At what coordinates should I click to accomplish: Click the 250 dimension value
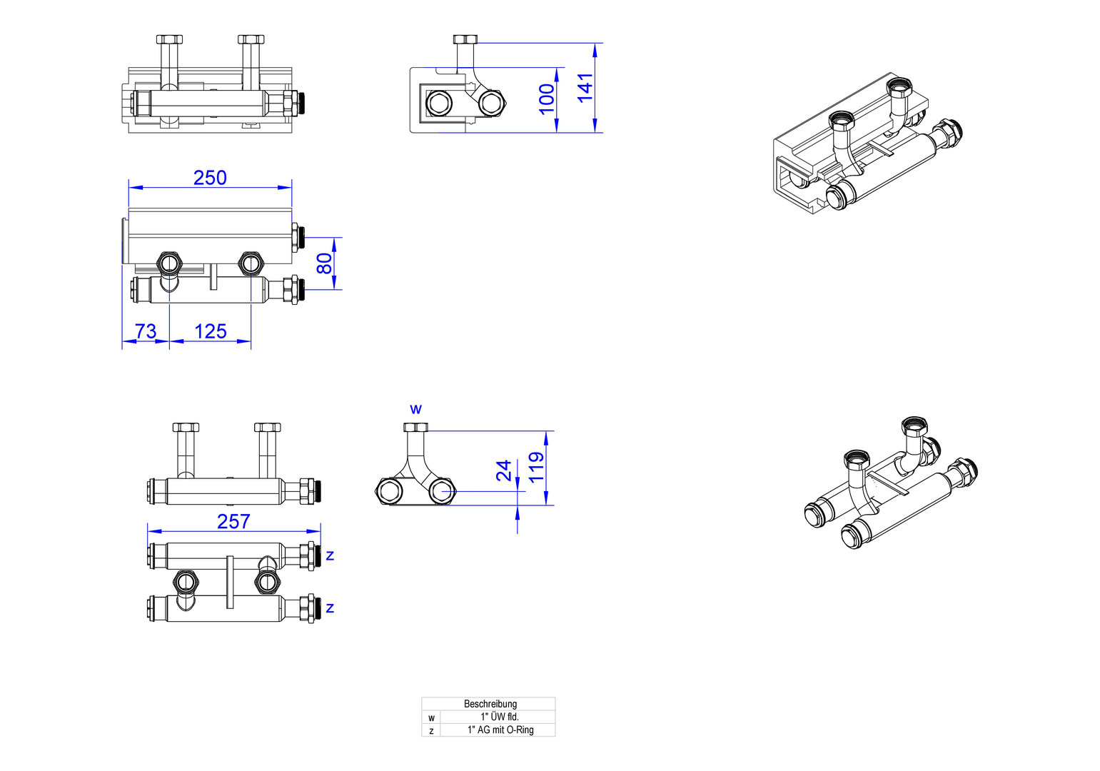click(210, 177)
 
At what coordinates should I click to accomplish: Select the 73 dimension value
click(146, 331)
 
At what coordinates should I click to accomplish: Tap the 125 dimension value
click(211, 331)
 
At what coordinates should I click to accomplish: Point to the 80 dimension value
click(325, 263)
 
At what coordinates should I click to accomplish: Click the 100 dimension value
click(547, 99)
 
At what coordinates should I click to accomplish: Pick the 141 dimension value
click(585, 88)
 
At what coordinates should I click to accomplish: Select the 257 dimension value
click(233, 521)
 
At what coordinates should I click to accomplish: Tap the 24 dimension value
click(505, 470)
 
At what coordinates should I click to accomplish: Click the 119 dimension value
click(537, 467)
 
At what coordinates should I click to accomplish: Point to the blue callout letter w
click(415, 409)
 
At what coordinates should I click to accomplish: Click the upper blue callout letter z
click(330, 555)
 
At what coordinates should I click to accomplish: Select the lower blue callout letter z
click(330, 608)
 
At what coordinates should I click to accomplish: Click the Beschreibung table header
click(490, 704)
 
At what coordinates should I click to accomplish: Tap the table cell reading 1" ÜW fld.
click(499, 717)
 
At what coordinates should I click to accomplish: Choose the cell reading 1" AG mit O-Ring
click(500, 730)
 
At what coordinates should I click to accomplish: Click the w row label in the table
click(431, 717)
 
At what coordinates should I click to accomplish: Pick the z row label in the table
click(431, 730)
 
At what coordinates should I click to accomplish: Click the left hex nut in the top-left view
click(169, 39)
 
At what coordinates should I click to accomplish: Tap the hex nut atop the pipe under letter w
click(415, 427)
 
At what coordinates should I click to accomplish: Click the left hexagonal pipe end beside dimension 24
click(389, 491)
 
